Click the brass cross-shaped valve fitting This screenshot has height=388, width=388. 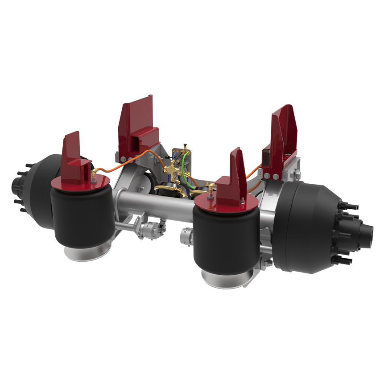coord(171,170)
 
